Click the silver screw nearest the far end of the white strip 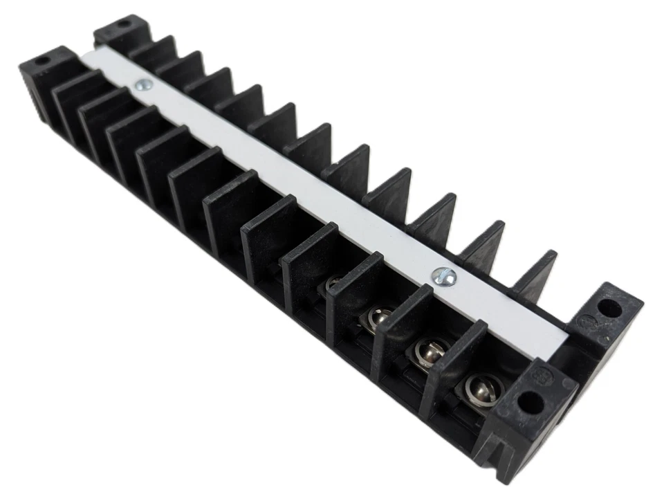point(144,85)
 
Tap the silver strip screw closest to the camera point(441,276)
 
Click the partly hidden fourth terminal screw point(335,284)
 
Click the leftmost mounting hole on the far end point(43,62)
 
